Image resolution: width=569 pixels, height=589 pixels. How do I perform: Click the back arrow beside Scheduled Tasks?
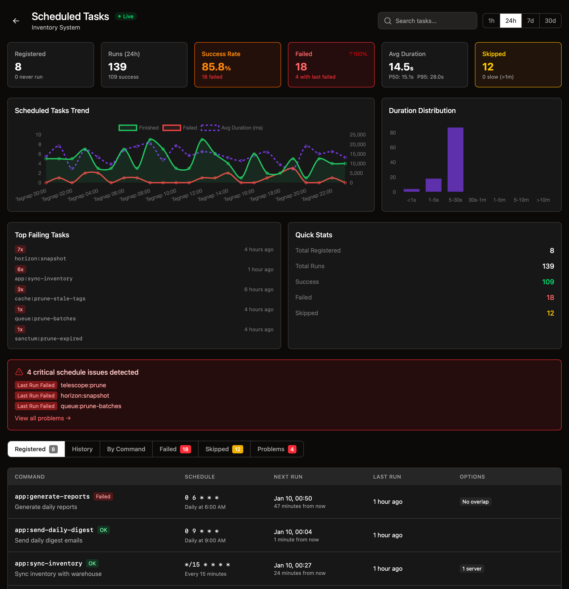coord(16,21)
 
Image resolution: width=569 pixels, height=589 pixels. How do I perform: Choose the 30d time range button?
coord(550,21)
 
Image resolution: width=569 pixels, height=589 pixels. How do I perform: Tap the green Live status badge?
coord(126,17)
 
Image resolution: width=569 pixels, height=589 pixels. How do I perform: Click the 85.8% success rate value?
coord(216,67)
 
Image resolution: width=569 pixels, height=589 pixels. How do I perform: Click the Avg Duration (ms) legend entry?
coord(232,128)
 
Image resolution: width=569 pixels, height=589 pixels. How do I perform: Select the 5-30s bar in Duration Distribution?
coord(455,160)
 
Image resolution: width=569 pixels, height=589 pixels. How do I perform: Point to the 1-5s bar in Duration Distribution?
coord(433,185)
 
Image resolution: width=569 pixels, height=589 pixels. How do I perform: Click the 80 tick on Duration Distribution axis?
coord(392,133)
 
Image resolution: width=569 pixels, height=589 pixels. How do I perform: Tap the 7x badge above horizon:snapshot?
coord(20,250)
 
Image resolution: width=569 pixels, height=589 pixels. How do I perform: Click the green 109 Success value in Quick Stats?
coord(548,282)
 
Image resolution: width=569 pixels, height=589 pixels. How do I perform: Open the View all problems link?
coord(43,418)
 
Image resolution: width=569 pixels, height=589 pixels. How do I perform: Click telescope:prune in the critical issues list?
coord(83,385)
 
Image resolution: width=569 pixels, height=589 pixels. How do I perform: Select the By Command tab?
coord(126,449)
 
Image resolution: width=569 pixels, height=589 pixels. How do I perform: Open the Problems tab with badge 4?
coord(276,449)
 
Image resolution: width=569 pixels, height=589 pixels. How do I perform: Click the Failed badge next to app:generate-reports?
coord(103,496)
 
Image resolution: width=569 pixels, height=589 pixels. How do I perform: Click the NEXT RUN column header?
coord(288,477)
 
